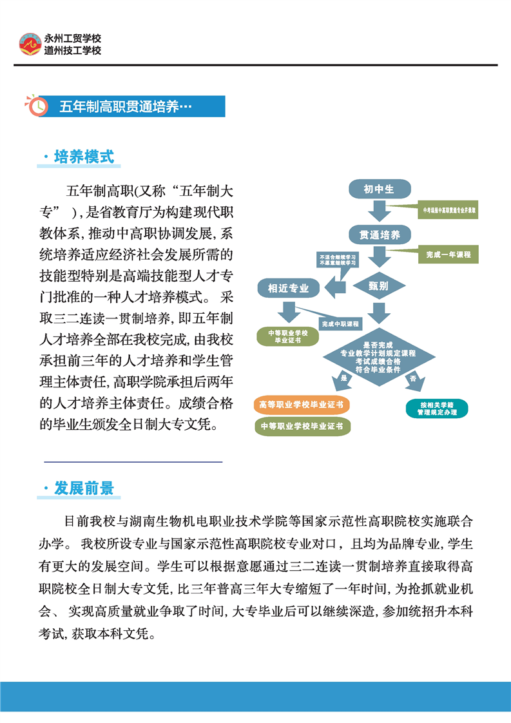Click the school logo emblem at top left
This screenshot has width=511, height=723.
[29, 44]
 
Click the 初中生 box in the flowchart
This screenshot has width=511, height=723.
[379, 189]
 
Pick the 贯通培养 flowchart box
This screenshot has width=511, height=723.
[379, 235]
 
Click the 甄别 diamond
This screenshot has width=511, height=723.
[379, 285]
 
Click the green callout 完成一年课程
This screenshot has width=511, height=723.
[448, 255]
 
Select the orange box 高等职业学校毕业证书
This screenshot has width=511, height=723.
[302, 405]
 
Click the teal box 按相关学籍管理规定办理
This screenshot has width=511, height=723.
[436, 409]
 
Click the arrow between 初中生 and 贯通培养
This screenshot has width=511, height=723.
[379, 211]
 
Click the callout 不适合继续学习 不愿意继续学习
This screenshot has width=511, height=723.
[336, 260]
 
